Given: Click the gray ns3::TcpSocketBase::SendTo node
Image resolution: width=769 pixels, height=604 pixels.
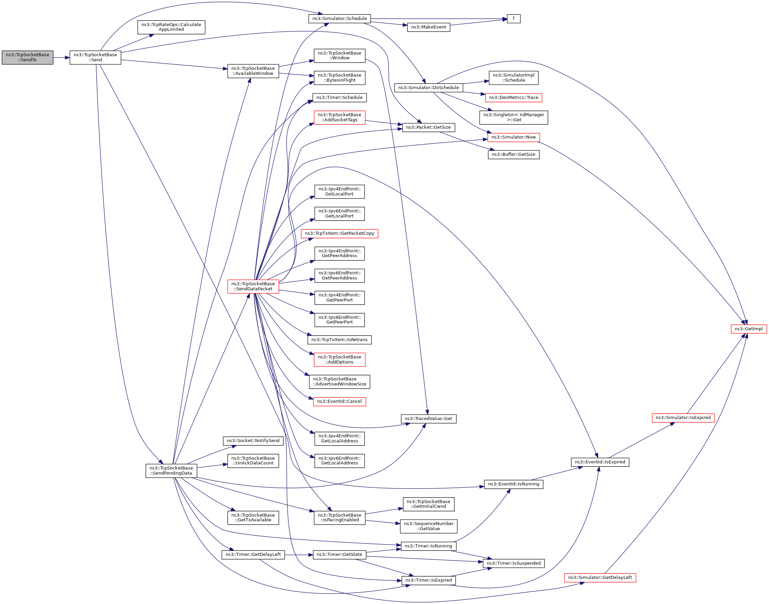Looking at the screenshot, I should click(27, 57).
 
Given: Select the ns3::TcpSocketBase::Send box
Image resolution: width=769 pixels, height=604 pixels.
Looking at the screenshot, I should click(95, 57).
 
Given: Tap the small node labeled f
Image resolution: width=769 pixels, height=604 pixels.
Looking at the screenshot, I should click(513, 18).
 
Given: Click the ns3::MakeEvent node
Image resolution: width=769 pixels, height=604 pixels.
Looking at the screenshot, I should click(428, 27).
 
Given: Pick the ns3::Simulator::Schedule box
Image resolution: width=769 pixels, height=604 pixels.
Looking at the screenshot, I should click(340, 18).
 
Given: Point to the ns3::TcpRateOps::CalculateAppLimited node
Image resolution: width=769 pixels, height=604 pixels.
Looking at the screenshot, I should click(171, 27).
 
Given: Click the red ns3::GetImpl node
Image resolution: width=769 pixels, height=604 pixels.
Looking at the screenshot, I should click(748, 329).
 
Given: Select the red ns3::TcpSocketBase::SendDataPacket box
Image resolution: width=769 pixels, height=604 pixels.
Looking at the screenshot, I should click(253, 287).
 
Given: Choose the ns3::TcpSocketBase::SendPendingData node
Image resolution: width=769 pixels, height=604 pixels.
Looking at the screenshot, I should click(171, 471).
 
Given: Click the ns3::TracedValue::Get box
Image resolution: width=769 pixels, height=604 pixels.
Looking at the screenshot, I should click(428, 419).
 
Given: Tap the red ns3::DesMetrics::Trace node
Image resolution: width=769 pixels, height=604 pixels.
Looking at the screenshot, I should click(513, 98).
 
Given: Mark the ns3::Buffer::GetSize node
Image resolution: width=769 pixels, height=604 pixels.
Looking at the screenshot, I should click(513, 154).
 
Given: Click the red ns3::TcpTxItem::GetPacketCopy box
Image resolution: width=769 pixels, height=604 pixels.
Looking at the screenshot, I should click(340, 233).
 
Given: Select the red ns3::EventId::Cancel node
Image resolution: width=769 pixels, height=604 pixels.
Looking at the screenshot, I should click(339, 401).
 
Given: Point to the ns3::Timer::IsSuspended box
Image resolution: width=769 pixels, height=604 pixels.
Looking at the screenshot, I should click(513, 563).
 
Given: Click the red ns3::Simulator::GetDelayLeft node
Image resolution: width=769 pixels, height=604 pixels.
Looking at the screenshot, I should click(600, 578).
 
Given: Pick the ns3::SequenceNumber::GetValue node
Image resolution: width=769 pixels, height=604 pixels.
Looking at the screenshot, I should click(428, 526).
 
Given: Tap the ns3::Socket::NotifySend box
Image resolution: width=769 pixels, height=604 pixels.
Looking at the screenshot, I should click(253, 441).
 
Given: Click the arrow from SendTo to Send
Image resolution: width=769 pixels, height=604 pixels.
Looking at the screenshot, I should click(61, 58).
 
